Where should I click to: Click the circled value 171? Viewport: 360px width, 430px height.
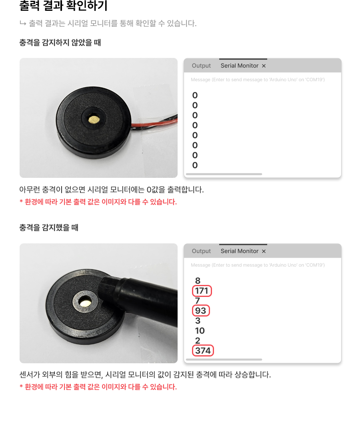(202, 291)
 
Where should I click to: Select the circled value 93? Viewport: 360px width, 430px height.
(200, 311)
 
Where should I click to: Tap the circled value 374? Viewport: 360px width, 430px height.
(203, 350)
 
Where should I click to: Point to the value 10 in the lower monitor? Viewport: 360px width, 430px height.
(200, 331)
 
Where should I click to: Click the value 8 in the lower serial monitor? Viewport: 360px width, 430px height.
(198, 281)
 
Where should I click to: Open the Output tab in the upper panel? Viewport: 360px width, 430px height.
(201, 66)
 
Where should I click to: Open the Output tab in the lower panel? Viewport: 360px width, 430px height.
(201, 251)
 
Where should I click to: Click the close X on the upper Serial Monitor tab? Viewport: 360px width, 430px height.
(264, 66)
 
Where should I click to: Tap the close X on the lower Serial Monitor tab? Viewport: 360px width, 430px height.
(264, 251)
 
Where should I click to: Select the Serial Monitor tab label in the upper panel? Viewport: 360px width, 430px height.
(240, 66)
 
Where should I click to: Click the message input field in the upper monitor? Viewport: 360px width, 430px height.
(258, 80)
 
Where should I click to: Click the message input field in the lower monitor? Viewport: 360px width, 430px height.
(258, 265)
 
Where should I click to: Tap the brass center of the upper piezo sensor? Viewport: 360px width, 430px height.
(94, 119)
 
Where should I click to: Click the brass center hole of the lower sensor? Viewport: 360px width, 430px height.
(85, 302)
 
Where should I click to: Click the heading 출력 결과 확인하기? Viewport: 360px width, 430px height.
(63, 6)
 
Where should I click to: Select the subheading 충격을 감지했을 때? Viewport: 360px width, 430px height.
(49, 227)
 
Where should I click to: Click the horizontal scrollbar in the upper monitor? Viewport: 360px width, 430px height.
(224, 174)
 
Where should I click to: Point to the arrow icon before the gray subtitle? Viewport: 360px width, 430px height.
(23, 23)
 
